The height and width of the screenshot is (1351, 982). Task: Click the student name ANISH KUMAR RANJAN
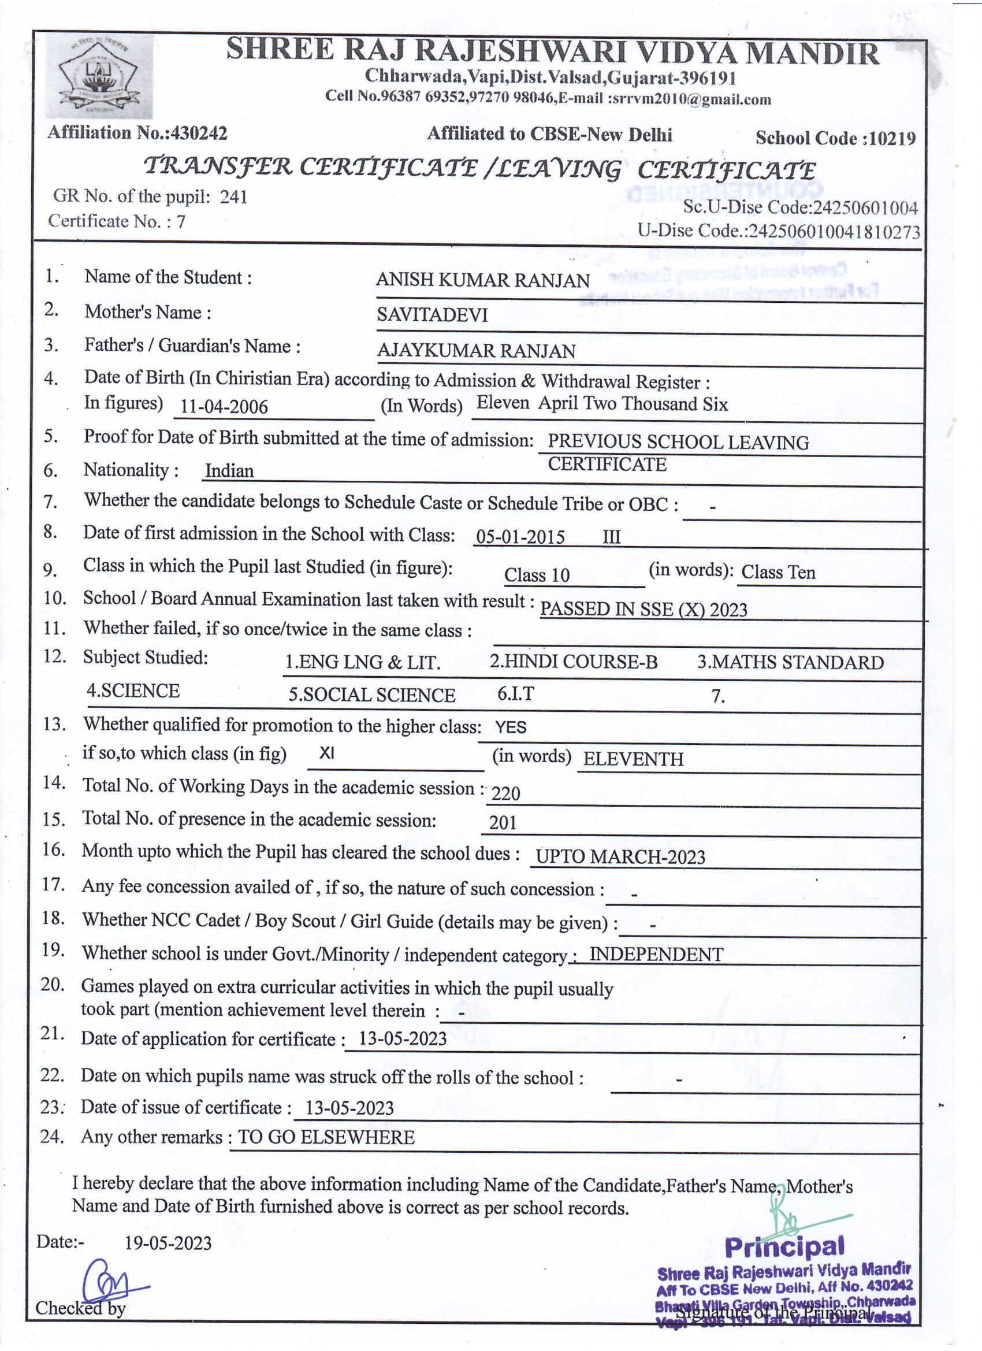(x=482, y=280)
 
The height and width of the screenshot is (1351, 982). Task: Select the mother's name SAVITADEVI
(x=432, y=314)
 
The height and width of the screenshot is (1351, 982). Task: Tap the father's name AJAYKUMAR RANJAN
(x=476, y=350)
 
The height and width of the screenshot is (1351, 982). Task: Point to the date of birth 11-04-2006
(x=224, y=406)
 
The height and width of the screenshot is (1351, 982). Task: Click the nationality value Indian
(x=229, y=471)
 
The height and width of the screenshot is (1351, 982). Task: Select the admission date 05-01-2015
(x=520, y=537)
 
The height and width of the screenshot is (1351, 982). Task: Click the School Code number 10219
(x=891, y=138)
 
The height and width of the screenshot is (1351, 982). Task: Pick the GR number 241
(x=233, y=196)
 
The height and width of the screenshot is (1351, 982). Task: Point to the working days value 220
(x=505, y=793)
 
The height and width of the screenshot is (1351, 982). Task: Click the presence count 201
(x=503, y=823)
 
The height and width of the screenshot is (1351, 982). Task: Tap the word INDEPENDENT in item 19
(x=656, y=954)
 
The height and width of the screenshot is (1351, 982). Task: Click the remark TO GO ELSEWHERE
(x=326, y=1137)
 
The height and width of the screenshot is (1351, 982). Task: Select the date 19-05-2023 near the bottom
(x=168, y=1242)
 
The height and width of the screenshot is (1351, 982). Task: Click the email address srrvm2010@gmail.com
(x=690, y=99)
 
